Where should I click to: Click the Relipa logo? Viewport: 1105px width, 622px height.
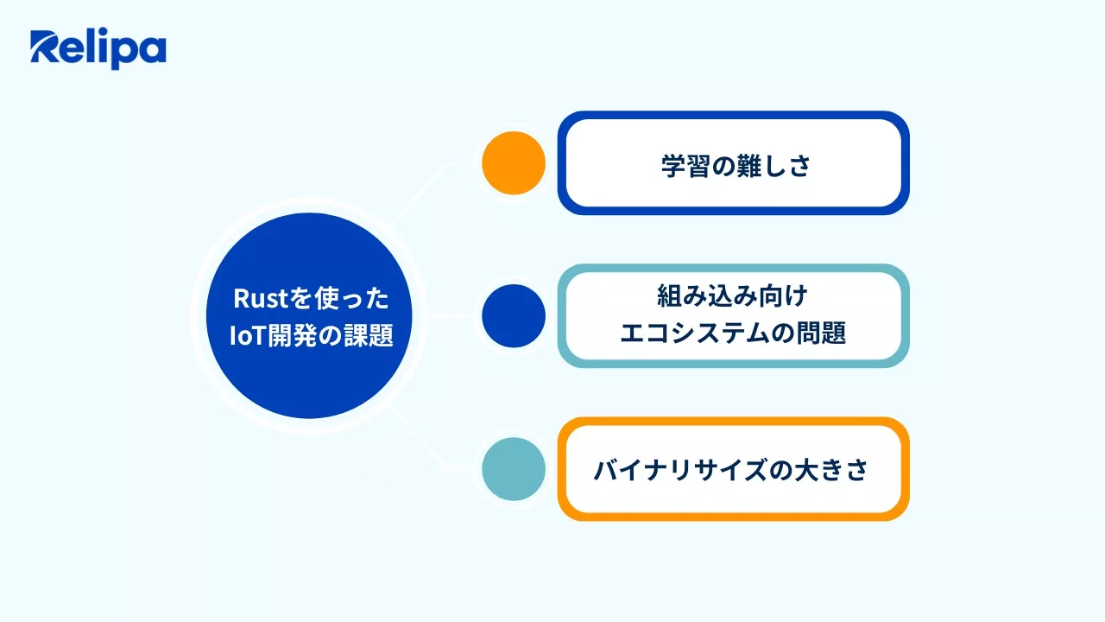(x=98, y=49)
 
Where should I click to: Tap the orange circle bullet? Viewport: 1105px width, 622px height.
(x=514, y=163)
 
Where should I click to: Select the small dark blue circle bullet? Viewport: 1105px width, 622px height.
(x=514, y=316)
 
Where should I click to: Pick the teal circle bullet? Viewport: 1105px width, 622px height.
(x=514, y=469)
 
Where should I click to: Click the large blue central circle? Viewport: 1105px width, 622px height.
(x=309, y=316)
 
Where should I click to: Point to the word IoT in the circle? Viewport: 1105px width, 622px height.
(x=248, y=336)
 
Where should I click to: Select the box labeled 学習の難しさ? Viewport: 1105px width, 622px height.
(x=734, y=163)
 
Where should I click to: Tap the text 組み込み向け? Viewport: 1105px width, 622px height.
(x=733, y=296)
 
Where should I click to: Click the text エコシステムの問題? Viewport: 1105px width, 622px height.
(x=733, y=333)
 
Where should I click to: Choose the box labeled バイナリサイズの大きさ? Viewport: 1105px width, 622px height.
(x=734, y=469)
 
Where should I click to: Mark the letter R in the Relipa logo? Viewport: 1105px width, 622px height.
(x=46, y=47)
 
